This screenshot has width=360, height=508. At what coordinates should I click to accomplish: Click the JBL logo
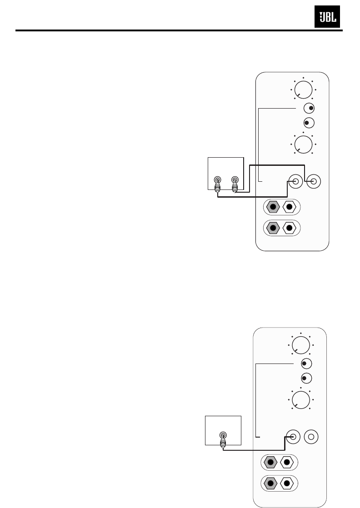328,19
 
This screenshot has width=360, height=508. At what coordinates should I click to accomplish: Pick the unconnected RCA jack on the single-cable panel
311,437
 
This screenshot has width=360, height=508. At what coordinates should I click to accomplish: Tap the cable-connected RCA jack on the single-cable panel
293,437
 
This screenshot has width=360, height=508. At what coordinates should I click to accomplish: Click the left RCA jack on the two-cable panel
296,182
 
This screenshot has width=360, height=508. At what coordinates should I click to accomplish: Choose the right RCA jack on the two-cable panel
313,182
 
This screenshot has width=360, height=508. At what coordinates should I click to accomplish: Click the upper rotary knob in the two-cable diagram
303,89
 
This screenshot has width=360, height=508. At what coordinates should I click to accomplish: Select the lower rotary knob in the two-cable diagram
303,144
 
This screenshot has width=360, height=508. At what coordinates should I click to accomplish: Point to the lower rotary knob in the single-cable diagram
300,399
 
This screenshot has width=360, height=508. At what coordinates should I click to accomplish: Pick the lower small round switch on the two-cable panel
309,123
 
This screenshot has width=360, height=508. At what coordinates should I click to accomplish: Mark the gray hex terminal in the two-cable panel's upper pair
273,207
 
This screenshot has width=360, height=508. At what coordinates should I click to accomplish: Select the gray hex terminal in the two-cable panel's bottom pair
273,228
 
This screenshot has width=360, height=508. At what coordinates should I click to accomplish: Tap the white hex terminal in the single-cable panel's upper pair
287,463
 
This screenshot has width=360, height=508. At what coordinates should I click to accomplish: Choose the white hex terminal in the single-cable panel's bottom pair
287,483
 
